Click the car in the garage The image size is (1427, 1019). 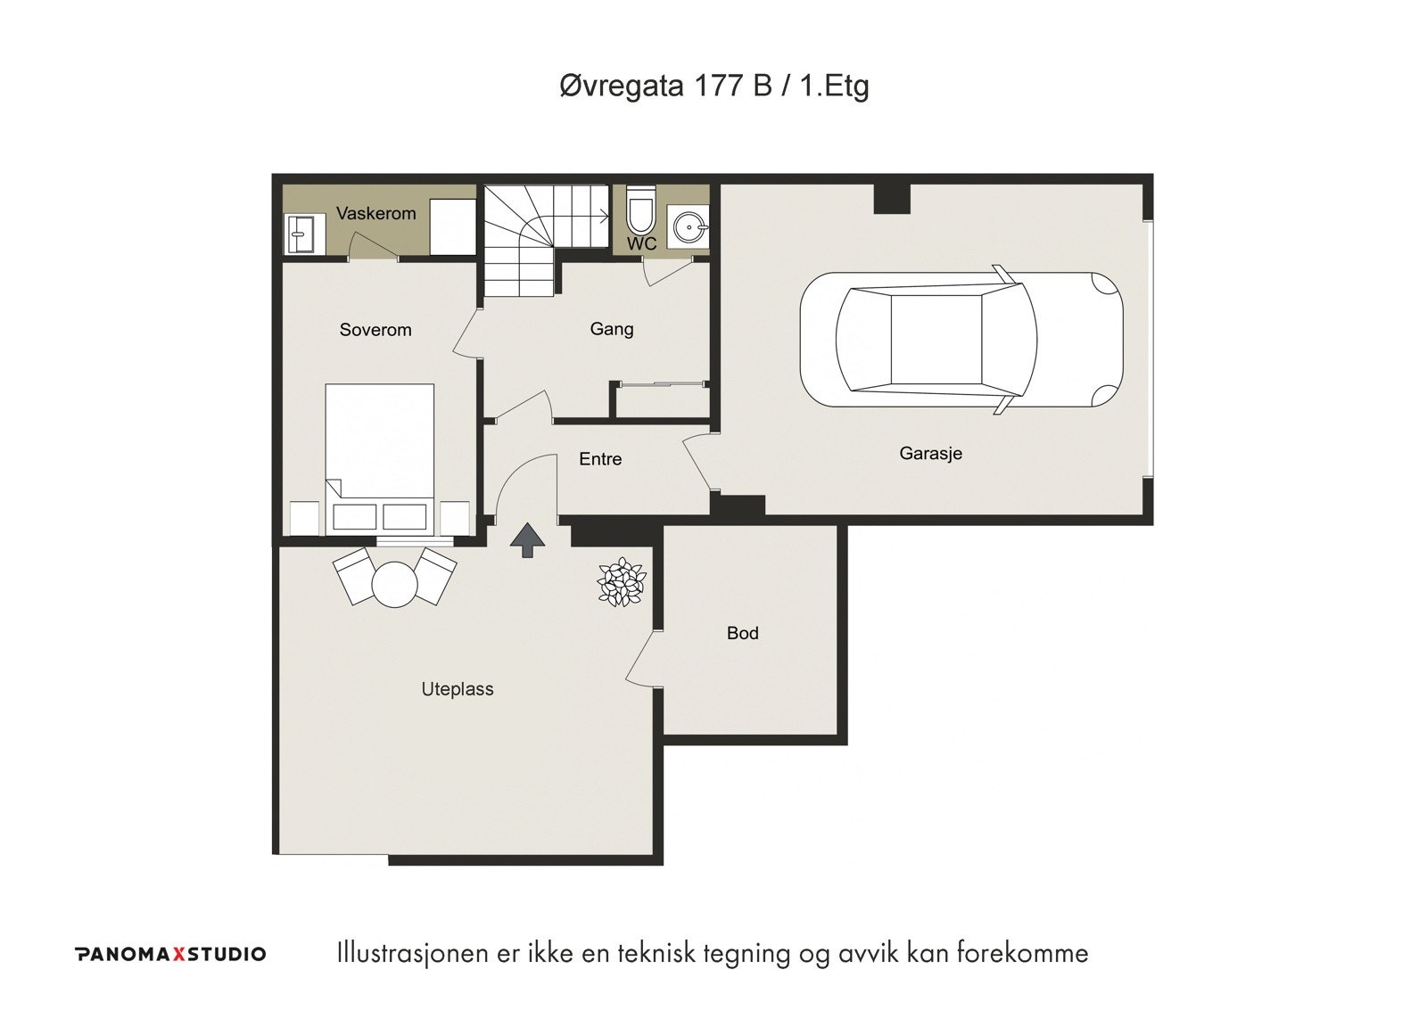pos(961,340)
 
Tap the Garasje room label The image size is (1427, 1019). pos(930,454)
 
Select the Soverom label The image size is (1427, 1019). pos(375,330)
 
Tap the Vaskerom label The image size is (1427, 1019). pos(375,213)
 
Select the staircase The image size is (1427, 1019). pos(545,240)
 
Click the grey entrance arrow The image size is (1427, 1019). pos(527,541)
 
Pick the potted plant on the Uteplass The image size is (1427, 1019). pos(621,582)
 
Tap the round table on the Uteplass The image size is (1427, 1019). pos(395,584)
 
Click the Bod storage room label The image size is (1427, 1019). pos(743,633)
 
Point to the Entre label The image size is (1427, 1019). pos(600,459)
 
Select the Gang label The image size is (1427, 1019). pos(612,329)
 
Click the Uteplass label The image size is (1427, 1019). pos(458,689)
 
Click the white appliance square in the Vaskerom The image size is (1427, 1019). pos(453,226)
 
